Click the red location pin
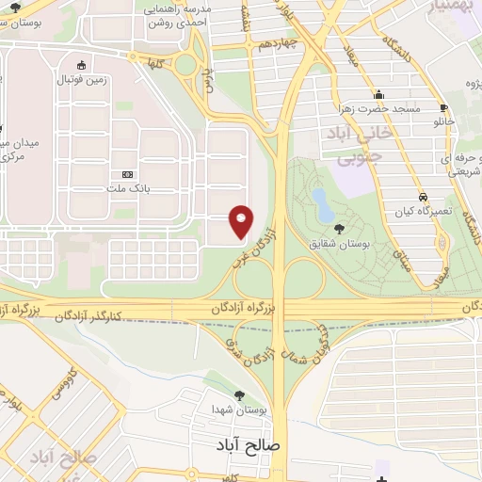(x=242, y=221)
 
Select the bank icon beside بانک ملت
(x=128, y=174)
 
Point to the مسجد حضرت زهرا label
(x=380, y=109)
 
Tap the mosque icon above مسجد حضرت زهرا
(x=378, y=95)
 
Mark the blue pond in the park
(x=321, y=201)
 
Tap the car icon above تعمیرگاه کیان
(x=423, y=198)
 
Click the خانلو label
(x=442, y=122)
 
